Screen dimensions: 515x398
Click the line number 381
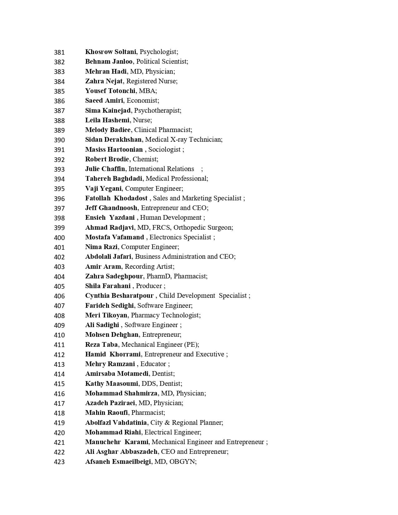tap(59, 52)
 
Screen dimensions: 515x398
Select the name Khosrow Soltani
tap(111, 52)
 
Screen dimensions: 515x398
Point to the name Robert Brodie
tap(107, 159)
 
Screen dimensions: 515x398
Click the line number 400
tap(59, 238)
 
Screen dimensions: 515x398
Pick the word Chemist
tap(145, 159)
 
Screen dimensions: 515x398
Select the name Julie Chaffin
tap(105, 169)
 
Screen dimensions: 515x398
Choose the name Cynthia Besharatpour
tap(119, 296)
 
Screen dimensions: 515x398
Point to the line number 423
tap(59, 462)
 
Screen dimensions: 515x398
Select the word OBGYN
tap(182, 462)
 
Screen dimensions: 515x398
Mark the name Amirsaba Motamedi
tap(117, 374)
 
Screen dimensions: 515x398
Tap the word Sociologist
tap(165, 150)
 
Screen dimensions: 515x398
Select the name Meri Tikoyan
tap(106, 315)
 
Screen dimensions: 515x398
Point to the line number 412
tap(59, 355)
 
